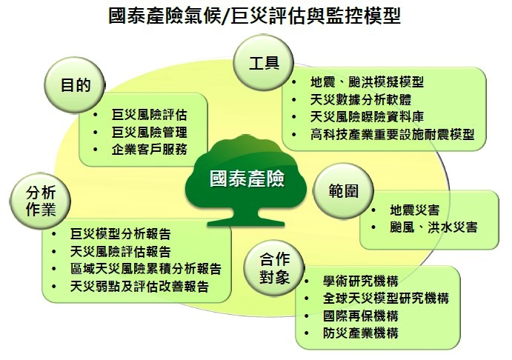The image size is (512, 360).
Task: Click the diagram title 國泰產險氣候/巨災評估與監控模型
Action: pos(254,16)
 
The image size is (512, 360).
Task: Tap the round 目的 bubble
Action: pos(75,85)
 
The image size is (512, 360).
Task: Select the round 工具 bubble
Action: pos(264,63)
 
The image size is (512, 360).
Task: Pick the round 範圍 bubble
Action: pos(343,191)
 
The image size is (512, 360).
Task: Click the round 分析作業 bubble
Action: pos(41,201)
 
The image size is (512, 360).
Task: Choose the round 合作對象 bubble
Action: pos(274,268)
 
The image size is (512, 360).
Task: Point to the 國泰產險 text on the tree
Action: pos(247,179)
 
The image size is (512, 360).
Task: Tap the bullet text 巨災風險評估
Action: pos(149,115)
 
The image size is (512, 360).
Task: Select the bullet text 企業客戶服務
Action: pos(149,150)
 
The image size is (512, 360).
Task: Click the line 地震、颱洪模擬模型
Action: pos(367,82)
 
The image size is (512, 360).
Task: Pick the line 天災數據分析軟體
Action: pos(361,99)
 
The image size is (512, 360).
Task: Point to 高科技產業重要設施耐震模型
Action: pos(392,135)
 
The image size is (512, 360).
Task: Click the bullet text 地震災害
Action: pos(415,210)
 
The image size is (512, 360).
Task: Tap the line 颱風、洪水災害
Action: pos(433,227)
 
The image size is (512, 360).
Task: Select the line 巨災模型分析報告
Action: pos(121,234)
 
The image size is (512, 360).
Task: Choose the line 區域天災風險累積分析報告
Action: pos(146,269)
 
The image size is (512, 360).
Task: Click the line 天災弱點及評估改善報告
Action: pos(139,287)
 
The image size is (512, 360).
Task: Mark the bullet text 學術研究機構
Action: pos(361,281)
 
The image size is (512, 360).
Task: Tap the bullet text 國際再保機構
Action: pos(361,316)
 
